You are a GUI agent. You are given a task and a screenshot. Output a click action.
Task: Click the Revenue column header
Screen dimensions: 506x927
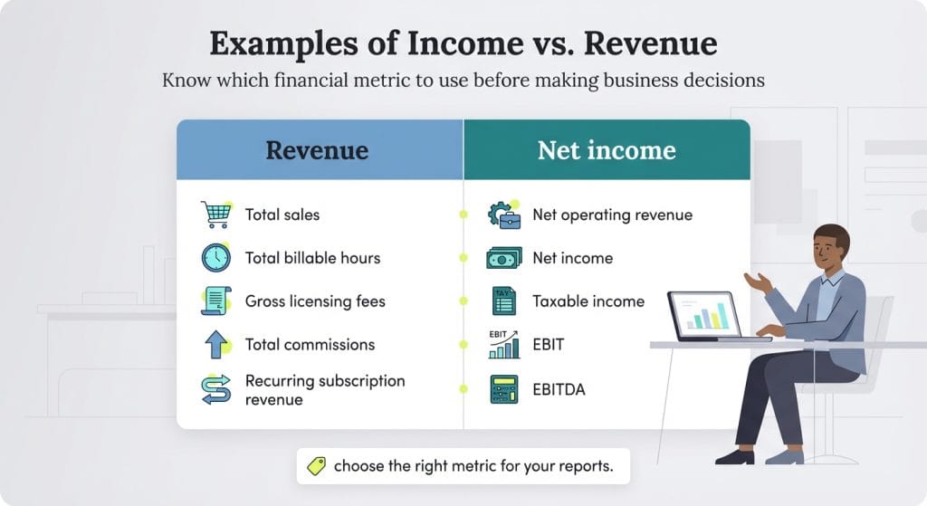(x=317, y=149)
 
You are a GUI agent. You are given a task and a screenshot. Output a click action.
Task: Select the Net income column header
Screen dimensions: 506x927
(x=607, y=149)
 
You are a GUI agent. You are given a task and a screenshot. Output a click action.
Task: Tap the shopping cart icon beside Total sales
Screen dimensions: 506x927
(x=215, y=215)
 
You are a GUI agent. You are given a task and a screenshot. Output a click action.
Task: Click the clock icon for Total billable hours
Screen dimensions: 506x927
(x=215, y=258)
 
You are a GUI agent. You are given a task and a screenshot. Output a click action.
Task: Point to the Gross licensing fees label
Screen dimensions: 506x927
(x=315, y=301)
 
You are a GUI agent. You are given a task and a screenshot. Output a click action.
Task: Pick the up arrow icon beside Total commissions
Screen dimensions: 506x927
(x=215, y=344)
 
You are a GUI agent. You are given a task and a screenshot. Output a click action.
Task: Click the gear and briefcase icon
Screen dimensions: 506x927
(x=504, y=215)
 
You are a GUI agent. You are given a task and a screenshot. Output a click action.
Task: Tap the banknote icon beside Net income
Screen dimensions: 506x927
(x=504, y=258)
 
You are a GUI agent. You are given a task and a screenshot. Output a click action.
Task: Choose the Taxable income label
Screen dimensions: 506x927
(x=588, y=301)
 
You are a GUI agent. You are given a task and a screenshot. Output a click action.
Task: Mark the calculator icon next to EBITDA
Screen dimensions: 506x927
(x=504, y=388)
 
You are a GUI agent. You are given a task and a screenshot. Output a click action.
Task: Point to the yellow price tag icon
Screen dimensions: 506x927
(x=316, y=466)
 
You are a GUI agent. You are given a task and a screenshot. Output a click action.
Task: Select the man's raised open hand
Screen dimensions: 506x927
(x=758, y=282)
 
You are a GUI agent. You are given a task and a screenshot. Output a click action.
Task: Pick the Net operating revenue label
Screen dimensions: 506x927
(x=612, y=215)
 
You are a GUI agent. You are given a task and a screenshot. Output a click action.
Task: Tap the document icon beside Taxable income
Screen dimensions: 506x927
(x=504, y=301)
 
